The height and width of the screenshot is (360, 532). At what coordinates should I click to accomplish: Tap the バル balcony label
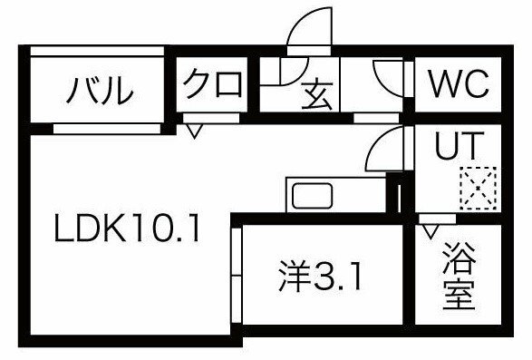100,91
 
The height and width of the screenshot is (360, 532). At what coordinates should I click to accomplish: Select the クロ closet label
213,83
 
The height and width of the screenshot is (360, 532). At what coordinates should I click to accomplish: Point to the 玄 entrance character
317,94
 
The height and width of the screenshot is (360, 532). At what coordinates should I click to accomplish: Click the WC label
459,83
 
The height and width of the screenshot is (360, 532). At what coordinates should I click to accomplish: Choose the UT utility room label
459,145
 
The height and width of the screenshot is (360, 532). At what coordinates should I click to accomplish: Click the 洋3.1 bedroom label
320,277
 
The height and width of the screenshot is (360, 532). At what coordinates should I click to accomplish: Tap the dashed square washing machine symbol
478,188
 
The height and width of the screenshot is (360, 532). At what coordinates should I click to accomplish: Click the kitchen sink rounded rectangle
312,196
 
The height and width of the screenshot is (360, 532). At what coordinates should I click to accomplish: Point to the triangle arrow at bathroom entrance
430,231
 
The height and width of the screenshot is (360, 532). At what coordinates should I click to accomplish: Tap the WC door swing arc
382,83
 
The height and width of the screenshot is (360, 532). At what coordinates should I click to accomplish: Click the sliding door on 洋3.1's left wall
237,276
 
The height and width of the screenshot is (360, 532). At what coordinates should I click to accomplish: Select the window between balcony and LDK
107,129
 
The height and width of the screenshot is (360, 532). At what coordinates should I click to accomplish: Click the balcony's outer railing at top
97,51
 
